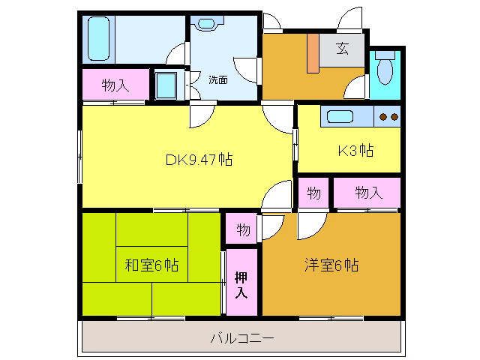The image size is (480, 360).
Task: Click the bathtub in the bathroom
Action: (98, 38)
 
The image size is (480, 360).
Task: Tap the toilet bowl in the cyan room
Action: (385, 72)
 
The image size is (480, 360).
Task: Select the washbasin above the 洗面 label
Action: (207, 23)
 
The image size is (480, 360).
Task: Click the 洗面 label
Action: (218, 80)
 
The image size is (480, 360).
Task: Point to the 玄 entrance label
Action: (342, 48)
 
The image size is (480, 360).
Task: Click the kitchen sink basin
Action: (340, 117)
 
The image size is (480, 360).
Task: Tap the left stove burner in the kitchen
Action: (382, 117)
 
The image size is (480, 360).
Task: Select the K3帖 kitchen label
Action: (355, 150)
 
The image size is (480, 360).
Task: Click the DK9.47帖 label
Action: (199, 160)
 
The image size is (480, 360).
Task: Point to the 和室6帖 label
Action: (151, 265)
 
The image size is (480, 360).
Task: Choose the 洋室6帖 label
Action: (331, 265)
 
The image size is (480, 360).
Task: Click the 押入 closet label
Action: (241, 285)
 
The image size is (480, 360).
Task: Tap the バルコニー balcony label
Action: (242, 338)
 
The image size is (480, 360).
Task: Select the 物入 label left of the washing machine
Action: (115, 85)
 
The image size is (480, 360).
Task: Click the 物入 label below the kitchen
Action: (368, 193)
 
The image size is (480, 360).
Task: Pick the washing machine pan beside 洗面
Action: (166, 85)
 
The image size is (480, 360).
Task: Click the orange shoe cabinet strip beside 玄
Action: (313, 53)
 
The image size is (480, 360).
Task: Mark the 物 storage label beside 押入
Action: (243, 229)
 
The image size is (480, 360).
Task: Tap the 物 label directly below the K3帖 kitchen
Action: (313, 193)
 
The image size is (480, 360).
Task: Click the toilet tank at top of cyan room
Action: (385, 55)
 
